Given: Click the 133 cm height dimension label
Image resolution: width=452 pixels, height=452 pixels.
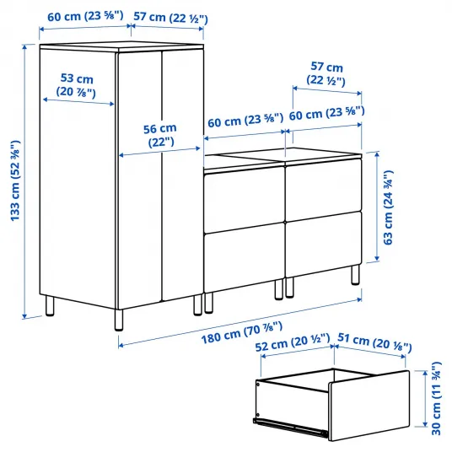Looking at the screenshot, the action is [x=15, y=181].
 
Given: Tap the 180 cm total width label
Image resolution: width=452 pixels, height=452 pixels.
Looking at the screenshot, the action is [x=241, y=332].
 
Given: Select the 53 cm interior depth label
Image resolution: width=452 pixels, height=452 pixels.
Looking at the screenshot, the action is [x=77, y=85].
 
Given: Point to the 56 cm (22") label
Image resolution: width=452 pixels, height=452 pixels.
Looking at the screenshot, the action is [x=160, y=136].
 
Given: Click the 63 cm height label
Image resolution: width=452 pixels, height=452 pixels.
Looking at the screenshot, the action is [x=388, y=207].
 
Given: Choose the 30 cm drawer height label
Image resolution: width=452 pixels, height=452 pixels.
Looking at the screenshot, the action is [x=436, y=399].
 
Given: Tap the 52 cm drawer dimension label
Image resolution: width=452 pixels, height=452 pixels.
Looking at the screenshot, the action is [x=293, y=342].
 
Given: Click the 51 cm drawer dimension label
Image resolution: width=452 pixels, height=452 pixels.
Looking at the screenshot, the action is [x=374, y=342].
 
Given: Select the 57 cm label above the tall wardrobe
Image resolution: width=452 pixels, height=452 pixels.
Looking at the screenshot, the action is [x=170, y=18].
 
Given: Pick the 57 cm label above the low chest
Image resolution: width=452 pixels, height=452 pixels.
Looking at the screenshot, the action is [x=326, y=73].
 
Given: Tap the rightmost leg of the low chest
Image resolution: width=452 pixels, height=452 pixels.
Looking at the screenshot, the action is [x=356, y=275].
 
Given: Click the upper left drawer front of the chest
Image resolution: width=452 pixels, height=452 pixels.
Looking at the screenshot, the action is [x=245, y=200].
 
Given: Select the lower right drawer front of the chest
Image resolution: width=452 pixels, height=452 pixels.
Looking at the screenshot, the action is [x=323, y=245].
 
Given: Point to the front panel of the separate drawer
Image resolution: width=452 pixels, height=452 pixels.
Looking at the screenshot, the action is [x=369, y=406].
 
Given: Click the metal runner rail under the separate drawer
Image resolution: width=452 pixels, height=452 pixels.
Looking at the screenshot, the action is [x=291, y=427].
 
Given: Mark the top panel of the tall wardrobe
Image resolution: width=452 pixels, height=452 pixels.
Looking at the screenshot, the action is [x=122, y=47].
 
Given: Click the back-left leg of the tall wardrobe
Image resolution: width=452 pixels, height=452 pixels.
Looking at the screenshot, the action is [x=49, y=305].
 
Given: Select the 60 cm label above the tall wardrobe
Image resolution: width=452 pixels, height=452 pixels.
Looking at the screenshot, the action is [x=85, y=16].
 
